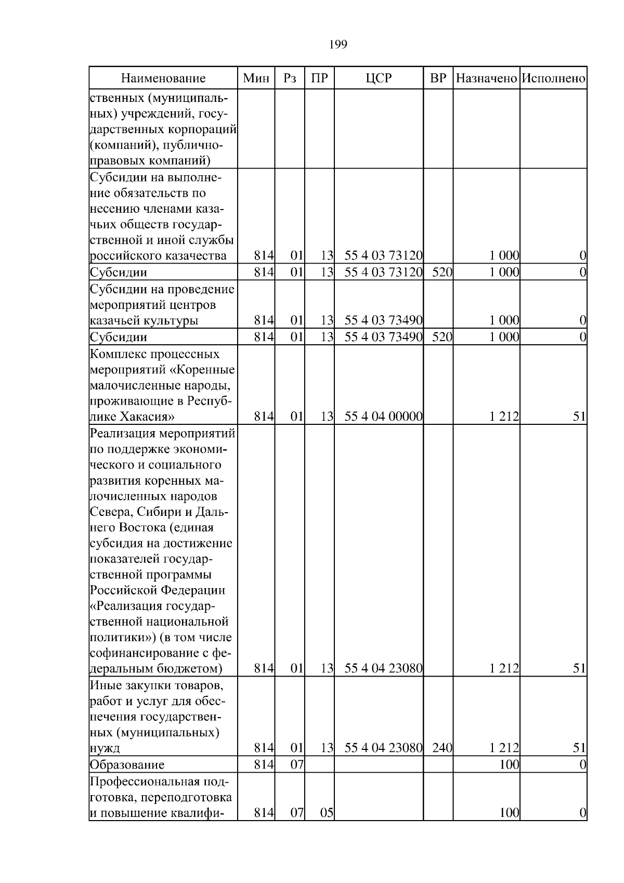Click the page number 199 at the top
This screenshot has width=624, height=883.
(338, 45)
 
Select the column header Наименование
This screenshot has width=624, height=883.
(163, 79)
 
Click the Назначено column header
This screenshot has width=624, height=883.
(486, 79)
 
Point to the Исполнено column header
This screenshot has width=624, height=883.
(553, 79)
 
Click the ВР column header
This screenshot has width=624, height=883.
(438, 79)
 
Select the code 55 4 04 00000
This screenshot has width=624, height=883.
(383, 417)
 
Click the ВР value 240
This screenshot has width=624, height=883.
(442, 748)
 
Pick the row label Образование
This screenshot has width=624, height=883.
(127, 764)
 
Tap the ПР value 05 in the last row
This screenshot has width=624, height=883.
(326, 813)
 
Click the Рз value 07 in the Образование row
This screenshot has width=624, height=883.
(296, 764)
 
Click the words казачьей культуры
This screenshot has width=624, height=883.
(144, 321)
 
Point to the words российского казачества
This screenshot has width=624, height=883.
(158, 256)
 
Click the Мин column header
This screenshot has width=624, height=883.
(256, 79)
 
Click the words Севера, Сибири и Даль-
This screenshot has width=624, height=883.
(159, 512)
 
